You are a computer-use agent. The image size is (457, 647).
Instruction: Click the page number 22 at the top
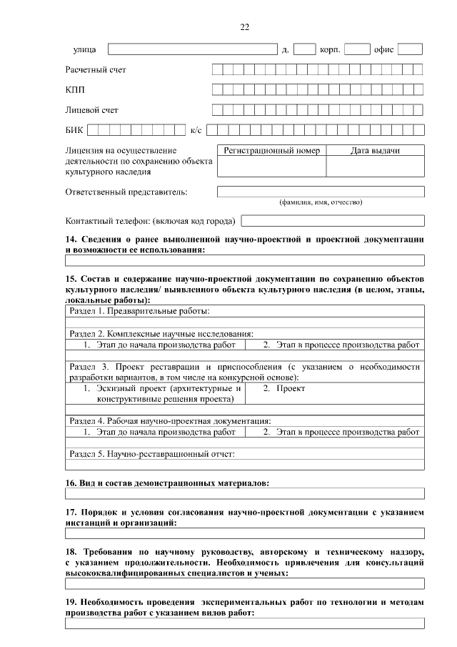[244, 27]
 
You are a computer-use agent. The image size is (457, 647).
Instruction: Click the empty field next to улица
[192, 49]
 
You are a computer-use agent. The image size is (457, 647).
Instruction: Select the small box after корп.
[357, 49]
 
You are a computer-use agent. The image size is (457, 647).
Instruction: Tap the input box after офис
[410, 49]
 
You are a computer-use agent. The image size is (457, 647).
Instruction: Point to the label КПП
[74, 90]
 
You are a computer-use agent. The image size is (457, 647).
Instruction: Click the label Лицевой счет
[91, 110]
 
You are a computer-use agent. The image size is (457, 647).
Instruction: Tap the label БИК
[74, 130]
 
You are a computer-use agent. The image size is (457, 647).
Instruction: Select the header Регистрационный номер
[272, 151]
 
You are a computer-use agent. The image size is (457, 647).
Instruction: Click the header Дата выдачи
[375, 151]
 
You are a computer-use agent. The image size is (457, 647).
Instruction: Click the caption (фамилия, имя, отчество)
[321, 202]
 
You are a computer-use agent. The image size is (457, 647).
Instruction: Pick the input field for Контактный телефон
[333, 221]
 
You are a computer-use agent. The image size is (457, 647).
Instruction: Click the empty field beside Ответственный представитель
[321, 192]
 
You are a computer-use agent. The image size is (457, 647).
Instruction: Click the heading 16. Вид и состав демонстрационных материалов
[168, 483]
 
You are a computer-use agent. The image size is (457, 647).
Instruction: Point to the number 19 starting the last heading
[71, 603]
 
